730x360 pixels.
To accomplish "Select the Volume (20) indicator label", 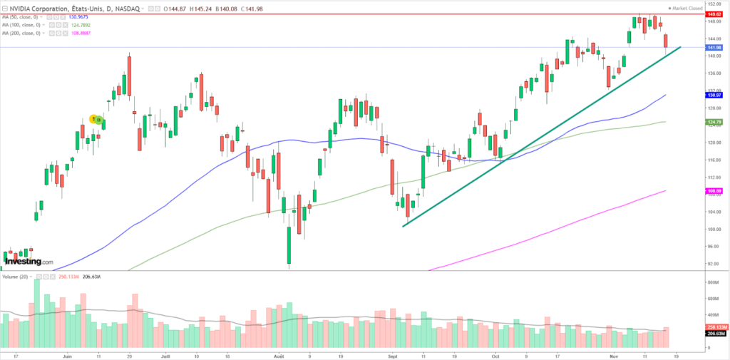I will click(17, 276).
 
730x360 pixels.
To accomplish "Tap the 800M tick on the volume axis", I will click(710, 282).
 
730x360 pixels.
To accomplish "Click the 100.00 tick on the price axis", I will click(710, 229).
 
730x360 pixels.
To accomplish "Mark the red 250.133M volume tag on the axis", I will click(713, 327).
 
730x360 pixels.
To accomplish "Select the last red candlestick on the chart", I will click(666, 41).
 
